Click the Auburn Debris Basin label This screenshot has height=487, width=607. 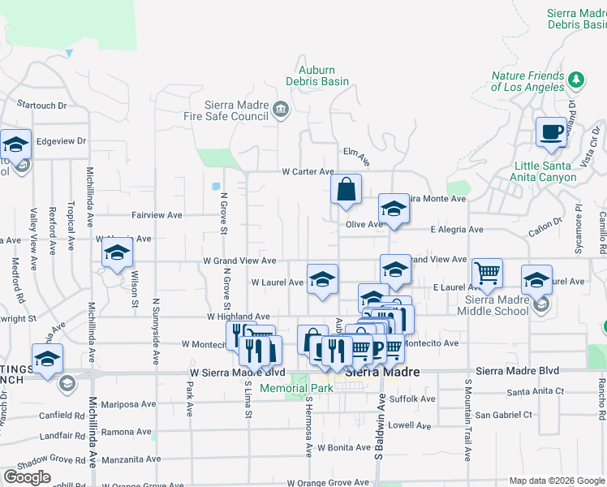[317, 75]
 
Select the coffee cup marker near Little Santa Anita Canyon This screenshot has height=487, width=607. [551, 132]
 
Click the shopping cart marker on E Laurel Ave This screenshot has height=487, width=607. [487, 274]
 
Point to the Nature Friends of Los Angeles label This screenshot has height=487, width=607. [527, 81]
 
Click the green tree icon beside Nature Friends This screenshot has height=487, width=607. [576, 80]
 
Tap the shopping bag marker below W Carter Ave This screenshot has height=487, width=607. [346, 190]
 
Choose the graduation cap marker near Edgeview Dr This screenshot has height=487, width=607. [15, 144]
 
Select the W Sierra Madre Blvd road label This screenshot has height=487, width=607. [237, 373]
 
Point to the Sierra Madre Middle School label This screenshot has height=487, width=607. [493, 305]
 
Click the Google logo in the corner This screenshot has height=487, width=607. [27, 477]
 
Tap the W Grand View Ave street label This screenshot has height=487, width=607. [239, 261]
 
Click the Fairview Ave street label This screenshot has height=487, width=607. [157, 215]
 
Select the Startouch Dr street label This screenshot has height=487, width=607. [41, 105]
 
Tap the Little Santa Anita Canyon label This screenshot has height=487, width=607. [554, 171]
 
